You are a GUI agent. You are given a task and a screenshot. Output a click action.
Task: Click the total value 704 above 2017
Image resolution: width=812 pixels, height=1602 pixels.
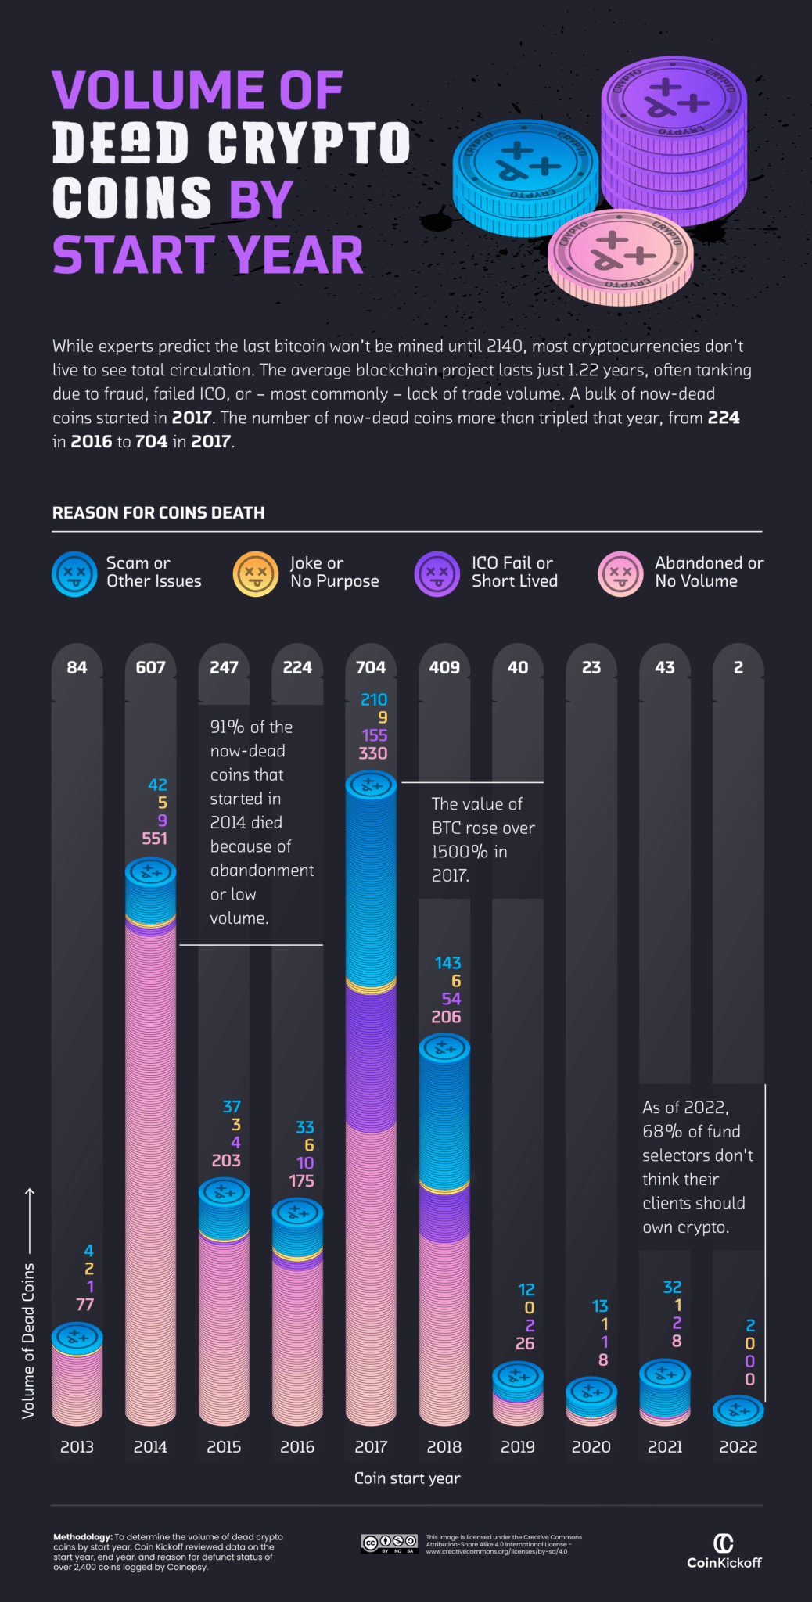coord(371,667)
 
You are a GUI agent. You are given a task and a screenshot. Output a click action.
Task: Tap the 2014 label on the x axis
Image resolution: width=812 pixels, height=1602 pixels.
coord(150,1446)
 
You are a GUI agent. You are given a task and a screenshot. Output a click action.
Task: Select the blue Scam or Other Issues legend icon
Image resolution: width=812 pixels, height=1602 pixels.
coord(74,573)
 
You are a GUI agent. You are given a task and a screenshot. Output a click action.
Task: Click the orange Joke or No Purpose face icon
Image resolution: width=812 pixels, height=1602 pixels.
coord(256,573)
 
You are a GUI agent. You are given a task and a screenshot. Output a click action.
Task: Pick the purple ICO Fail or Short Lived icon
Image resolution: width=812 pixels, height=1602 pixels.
coord(437,573)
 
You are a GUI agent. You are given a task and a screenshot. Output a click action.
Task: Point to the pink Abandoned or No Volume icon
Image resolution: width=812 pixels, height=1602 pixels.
coord(620,573)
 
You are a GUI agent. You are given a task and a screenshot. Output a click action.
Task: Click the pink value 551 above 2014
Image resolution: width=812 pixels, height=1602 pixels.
coord(154,839)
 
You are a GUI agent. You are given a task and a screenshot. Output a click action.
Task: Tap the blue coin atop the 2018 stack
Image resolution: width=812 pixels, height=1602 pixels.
coord(444,1048)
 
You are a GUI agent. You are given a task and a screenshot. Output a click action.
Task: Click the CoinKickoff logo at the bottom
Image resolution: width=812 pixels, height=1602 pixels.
coord(724,1552)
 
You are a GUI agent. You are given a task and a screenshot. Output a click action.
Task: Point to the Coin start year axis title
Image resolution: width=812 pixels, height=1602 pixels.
coord(407,1478)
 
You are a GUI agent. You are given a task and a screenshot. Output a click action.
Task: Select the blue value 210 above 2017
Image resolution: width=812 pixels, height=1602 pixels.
coord(373,699)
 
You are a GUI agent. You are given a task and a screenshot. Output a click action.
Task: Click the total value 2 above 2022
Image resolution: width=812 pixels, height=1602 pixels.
coord(738,667)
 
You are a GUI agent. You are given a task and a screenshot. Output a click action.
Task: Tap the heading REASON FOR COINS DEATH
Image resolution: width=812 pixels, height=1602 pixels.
coord(158,512)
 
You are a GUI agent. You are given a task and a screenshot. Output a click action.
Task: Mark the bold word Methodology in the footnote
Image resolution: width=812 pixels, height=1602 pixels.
coord(82,1537)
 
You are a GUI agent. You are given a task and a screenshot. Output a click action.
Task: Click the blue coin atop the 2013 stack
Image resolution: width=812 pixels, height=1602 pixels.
coord(77,1337)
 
